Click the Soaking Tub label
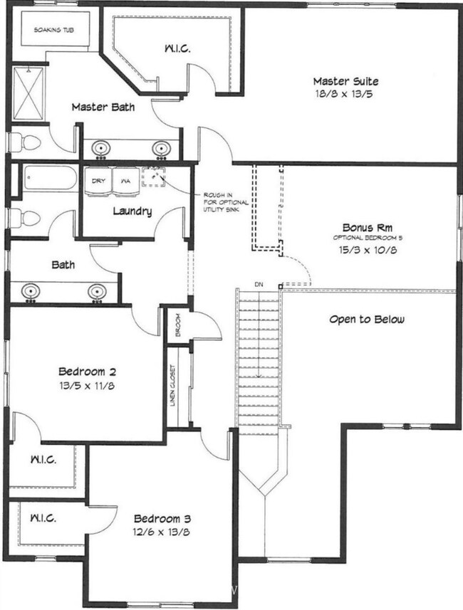53,30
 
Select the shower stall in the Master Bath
28,94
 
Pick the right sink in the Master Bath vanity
161,148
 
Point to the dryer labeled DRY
98,182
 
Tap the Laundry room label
132,211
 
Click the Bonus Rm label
368,227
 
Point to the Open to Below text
366,320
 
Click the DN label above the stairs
259,285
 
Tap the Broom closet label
178,325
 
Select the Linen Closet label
173,385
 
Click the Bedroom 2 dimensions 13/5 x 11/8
87,386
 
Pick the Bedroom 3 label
162,519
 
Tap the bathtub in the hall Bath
51,178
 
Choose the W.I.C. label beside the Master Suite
177,48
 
